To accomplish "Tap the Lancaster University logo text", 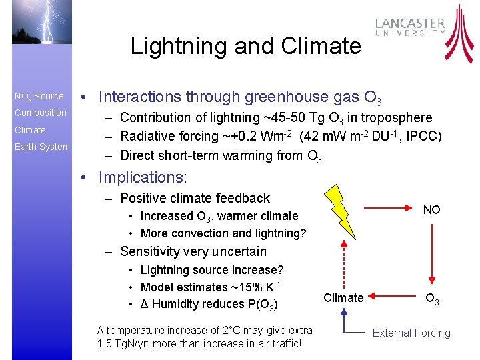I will [x=410, y=27].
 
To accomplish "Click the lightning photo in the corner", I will [x=35, y=33].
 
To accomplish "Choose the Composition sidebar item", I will [x=41, y=113].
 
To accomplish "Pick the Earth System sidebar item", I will [x=42, y=147].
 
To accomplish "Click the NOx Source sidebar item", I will [x=39, y=96].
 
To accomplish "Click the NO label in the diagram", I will [x=431, y=210].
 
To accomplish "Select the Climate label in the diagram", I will [x=343, y=298].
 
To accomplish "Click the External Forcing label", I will [x=411, y=333].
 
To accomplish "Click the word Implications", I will [x=143, y=177].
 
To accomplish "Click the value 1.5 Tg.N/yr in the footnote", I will [x=127, y=344].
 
